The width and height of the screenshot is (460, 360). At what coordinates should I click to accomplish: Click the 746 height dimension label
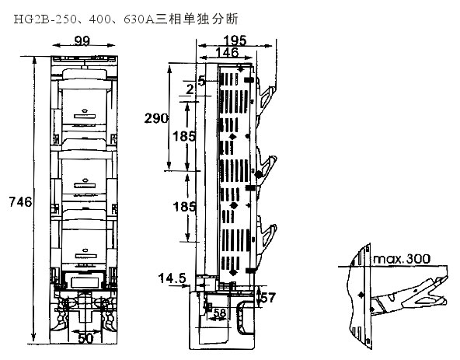click(20, 202)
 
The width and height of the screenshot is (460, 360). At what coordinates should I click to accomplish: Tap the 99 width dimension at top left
click(82, 40)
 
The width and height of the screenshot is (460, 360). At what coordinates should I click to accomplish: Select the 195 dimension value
click(235, 40)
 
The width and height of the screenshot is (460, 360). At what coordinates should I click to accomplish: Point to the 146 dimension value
click(227, 52)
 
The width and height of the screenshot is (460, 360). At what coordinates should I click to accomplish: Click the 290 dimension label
click(156, 118)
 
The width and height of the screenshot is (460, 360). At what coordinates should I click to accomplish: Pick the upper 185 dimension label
click(184, 136)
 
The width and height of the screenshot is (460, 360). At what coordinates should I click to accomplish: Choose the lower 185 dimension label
click(184, 207)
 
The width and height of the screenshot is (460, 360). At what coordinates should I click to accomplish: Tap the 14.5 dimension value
click(172, 278)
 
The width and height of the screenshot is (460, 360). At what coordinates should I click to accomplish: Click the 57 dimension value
click(268, 298)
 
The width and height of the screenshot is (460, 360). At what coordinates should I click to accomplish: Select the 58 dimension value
click(220, 313)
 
